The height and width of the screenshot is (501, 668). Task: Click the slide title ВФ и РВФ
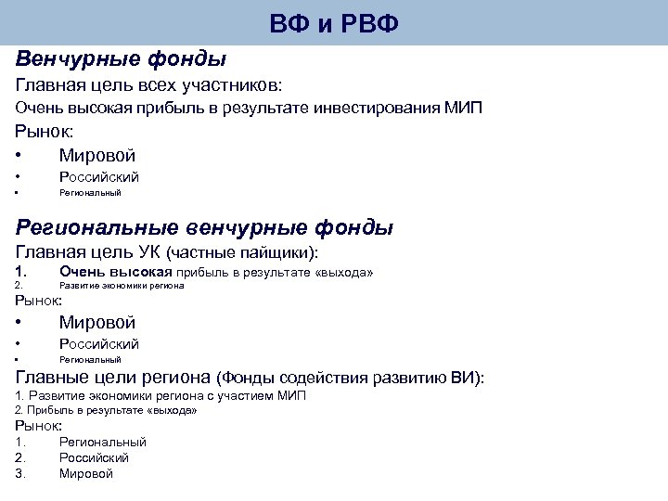coord(334,23)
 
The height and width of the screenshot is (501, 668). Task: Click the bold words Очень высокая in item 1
coord(116,272)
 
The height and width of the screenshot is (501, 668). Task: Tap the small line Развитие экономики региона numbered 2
coord(122,286)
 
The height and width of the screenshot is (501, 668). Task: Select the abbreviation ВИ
coord(462,378)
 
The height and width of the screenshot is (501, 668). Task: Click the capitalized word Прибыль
coord(53,409)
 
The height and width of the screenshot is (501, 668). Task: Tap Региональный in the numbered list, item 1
coord(102,443)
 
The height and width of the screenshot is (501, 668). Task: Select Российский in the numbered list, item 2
coord(94,457)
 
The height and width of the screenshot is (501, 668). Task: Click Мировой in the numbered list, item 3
coord(85,473)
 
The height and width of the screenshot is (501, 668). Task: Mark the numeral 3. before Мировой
coord(20,473)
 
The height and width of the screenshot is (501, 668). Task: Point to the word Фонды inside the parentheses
coord(249,378)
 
